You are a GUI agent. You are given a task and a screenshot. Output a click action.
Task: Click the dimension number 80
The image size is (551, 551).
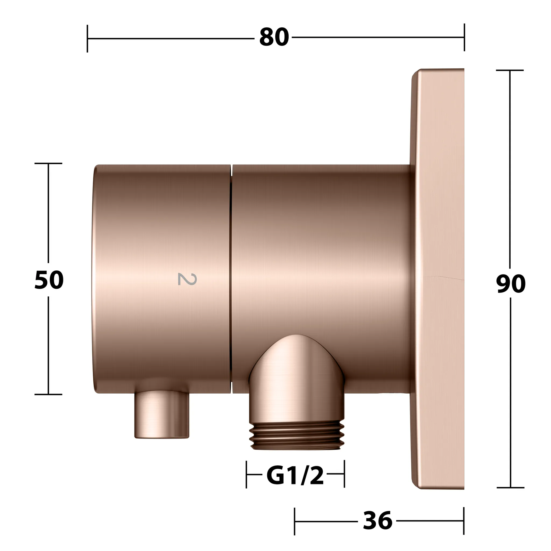(x=274, y=37)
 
